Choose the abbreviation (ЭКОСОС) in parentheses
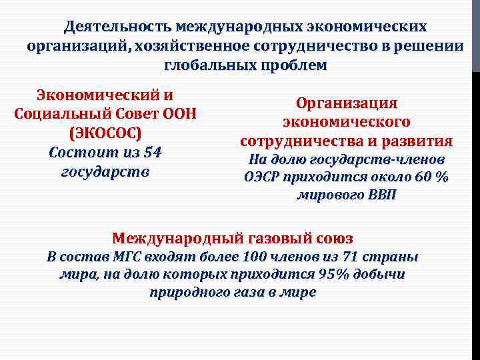(x=105, y=132)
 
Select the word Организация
(x=346, y=103)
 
